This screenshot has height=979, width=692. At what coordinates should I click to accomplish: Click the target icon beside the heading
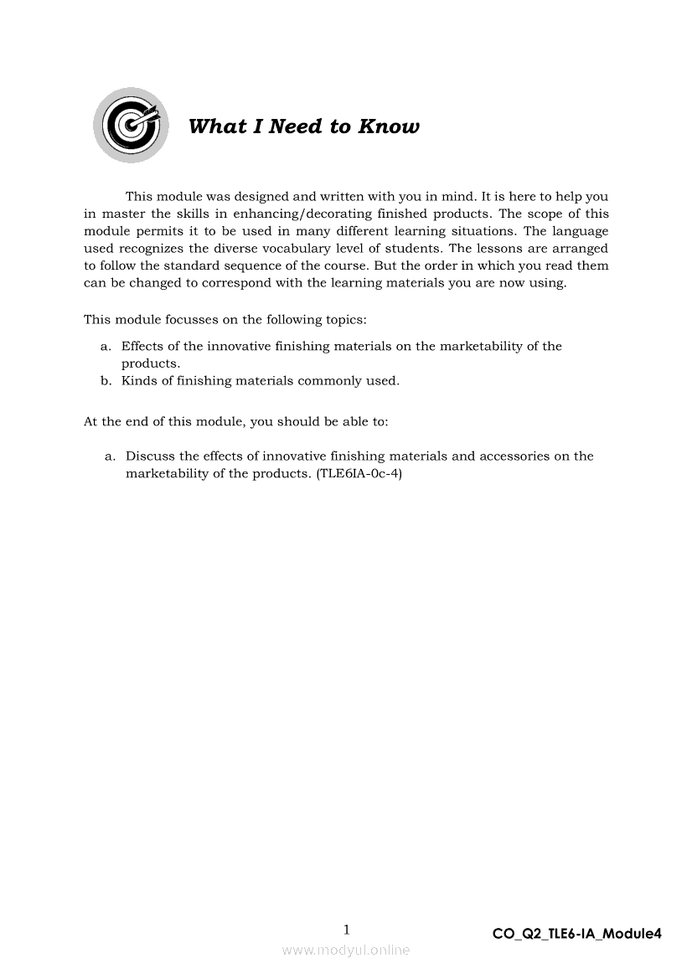tap(130, 126)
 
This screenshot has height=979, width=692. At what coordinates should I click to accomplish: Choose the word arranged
tap(580, 248)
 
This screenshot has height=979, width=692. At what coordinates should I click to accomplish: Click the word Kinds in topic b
tap(138, 381)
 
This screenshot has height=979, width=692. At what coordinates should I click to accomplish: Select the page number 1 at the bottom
tap(347, 930)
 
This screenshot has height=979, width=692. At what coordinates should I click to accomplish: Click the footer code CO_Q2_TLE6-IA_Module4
tap(577, 934)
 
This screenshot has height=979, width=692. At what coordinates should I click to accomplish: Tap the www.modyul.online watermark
tap(346, 950)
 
